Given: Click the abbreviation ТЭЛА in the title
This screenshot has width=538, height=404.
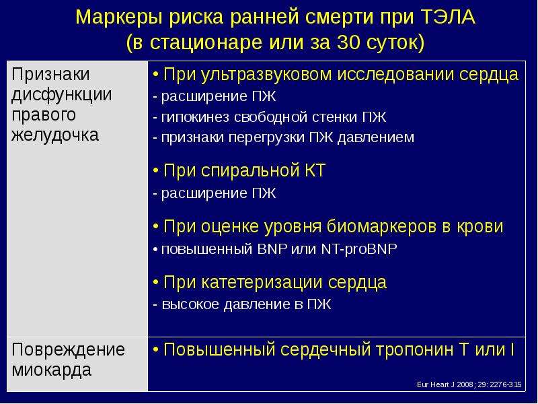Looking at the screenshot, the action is (447, 18).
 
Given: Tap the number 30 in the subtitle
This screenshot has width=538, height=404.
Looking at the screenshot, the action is (348, 42).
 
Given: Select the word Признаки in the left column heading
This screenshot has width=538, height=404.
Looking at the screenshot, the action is (50, 75).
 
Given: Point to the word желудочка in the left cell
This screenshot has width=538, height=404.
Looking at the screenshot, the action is (55, 135).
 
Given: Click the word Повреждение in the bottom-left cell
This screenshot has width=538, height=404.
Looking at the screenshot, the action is (69, 350).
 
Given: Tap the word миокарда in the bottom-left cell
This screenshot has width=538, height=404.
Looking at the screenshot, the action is (52, 370).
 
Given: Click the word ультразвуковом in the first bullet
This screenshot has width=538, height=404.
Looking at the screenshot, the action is (266, 75).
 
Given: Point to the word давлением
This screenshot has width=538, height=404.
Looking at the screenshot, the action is (376, 137).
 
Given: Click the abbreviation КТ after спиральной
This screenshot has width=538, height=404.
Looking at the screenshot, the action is (315, 170).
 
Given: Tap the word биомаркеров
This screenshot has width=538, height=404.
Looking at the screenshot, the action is (381, 227).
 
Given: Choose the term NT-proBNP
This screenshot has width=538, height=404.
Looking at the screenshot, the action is (359, 249).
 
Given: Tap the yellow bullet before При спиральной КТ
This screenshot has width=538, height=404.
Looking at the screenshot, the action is (156, 170).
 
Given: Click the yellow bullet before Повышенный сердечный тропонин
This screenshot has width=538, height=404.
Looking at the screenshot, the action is (156, 350).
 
